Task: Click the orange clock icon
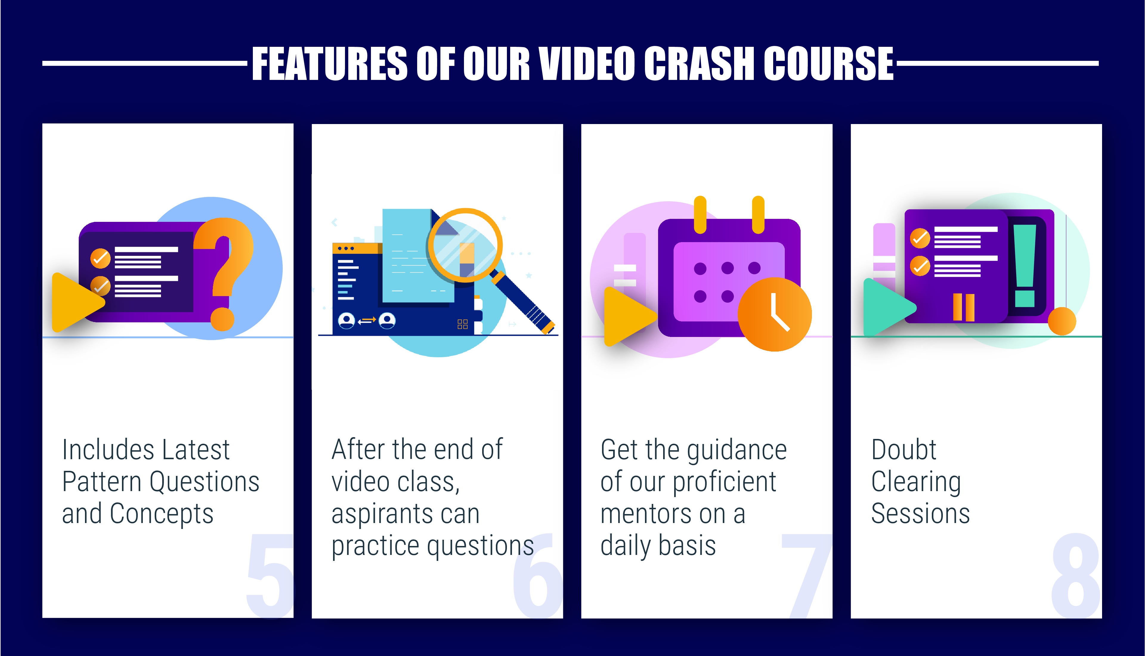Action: [775, 314]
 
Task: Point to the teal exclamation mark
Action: [1025, 266]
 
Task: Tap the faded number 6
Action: [538, 575]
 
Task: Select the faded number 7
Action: [807, 575]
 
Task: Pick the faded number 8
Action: [1076, 575]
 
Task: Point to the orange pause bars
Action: [964, 307]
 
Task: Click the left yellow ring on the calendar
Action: [700, 215]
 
